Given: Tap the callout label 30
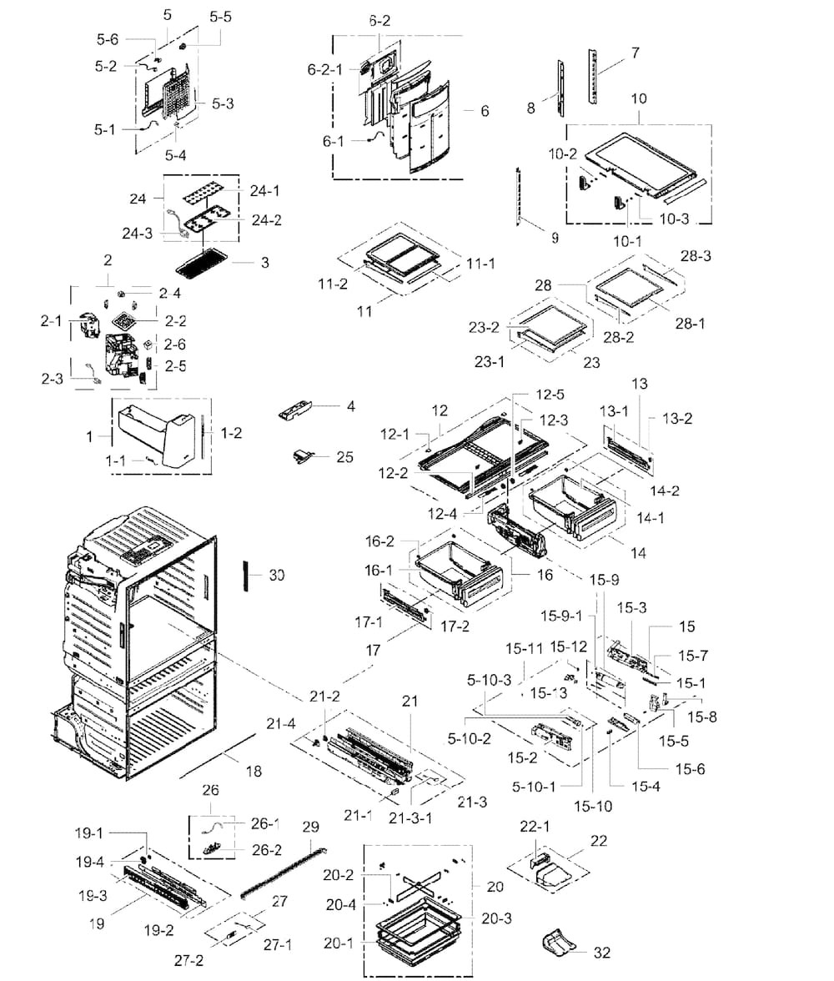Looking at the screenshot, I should (277, 575).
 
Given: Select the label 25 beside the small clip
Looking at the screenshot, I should (344, 457).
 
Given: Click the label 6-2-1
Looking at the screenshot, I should (325, 70).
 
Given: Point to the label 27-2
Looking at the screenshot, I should (189, 960).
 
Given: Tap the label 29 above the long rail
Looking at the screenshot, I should (310, 828).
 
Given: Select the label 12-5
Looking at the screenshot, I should (549, 395).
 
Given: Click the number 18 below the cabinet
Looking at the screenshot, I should (254, 772).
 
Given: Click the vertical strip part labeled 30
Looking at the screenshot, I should (246, 575).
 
